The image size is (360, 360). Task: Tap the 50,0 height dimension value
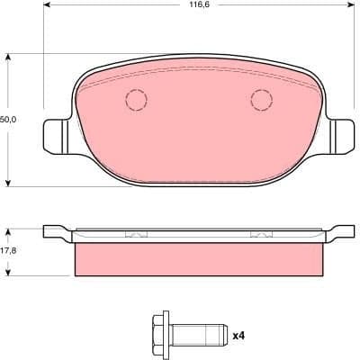click(x=6, y=117)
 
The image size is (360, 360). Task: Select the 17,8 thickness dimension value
click(x=6, y=251)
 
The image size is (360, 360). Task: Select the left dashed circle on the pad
click(x=136, y=101)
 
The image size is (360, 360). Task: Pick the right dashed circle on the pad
click(x=261, y=100)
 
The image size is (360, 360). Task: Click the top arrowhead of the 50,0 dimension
click(x=9, y=57)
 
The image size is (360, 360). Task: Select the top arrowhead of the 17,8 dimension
click(x=9, y=229)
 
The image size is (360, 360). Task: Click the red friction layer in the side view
click(x=198, y=258)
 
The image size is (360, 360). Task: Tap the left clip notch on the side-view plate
click(x=135, y=236)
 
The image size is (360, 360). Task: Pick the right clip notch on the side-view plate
click(x=260, y=236)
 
